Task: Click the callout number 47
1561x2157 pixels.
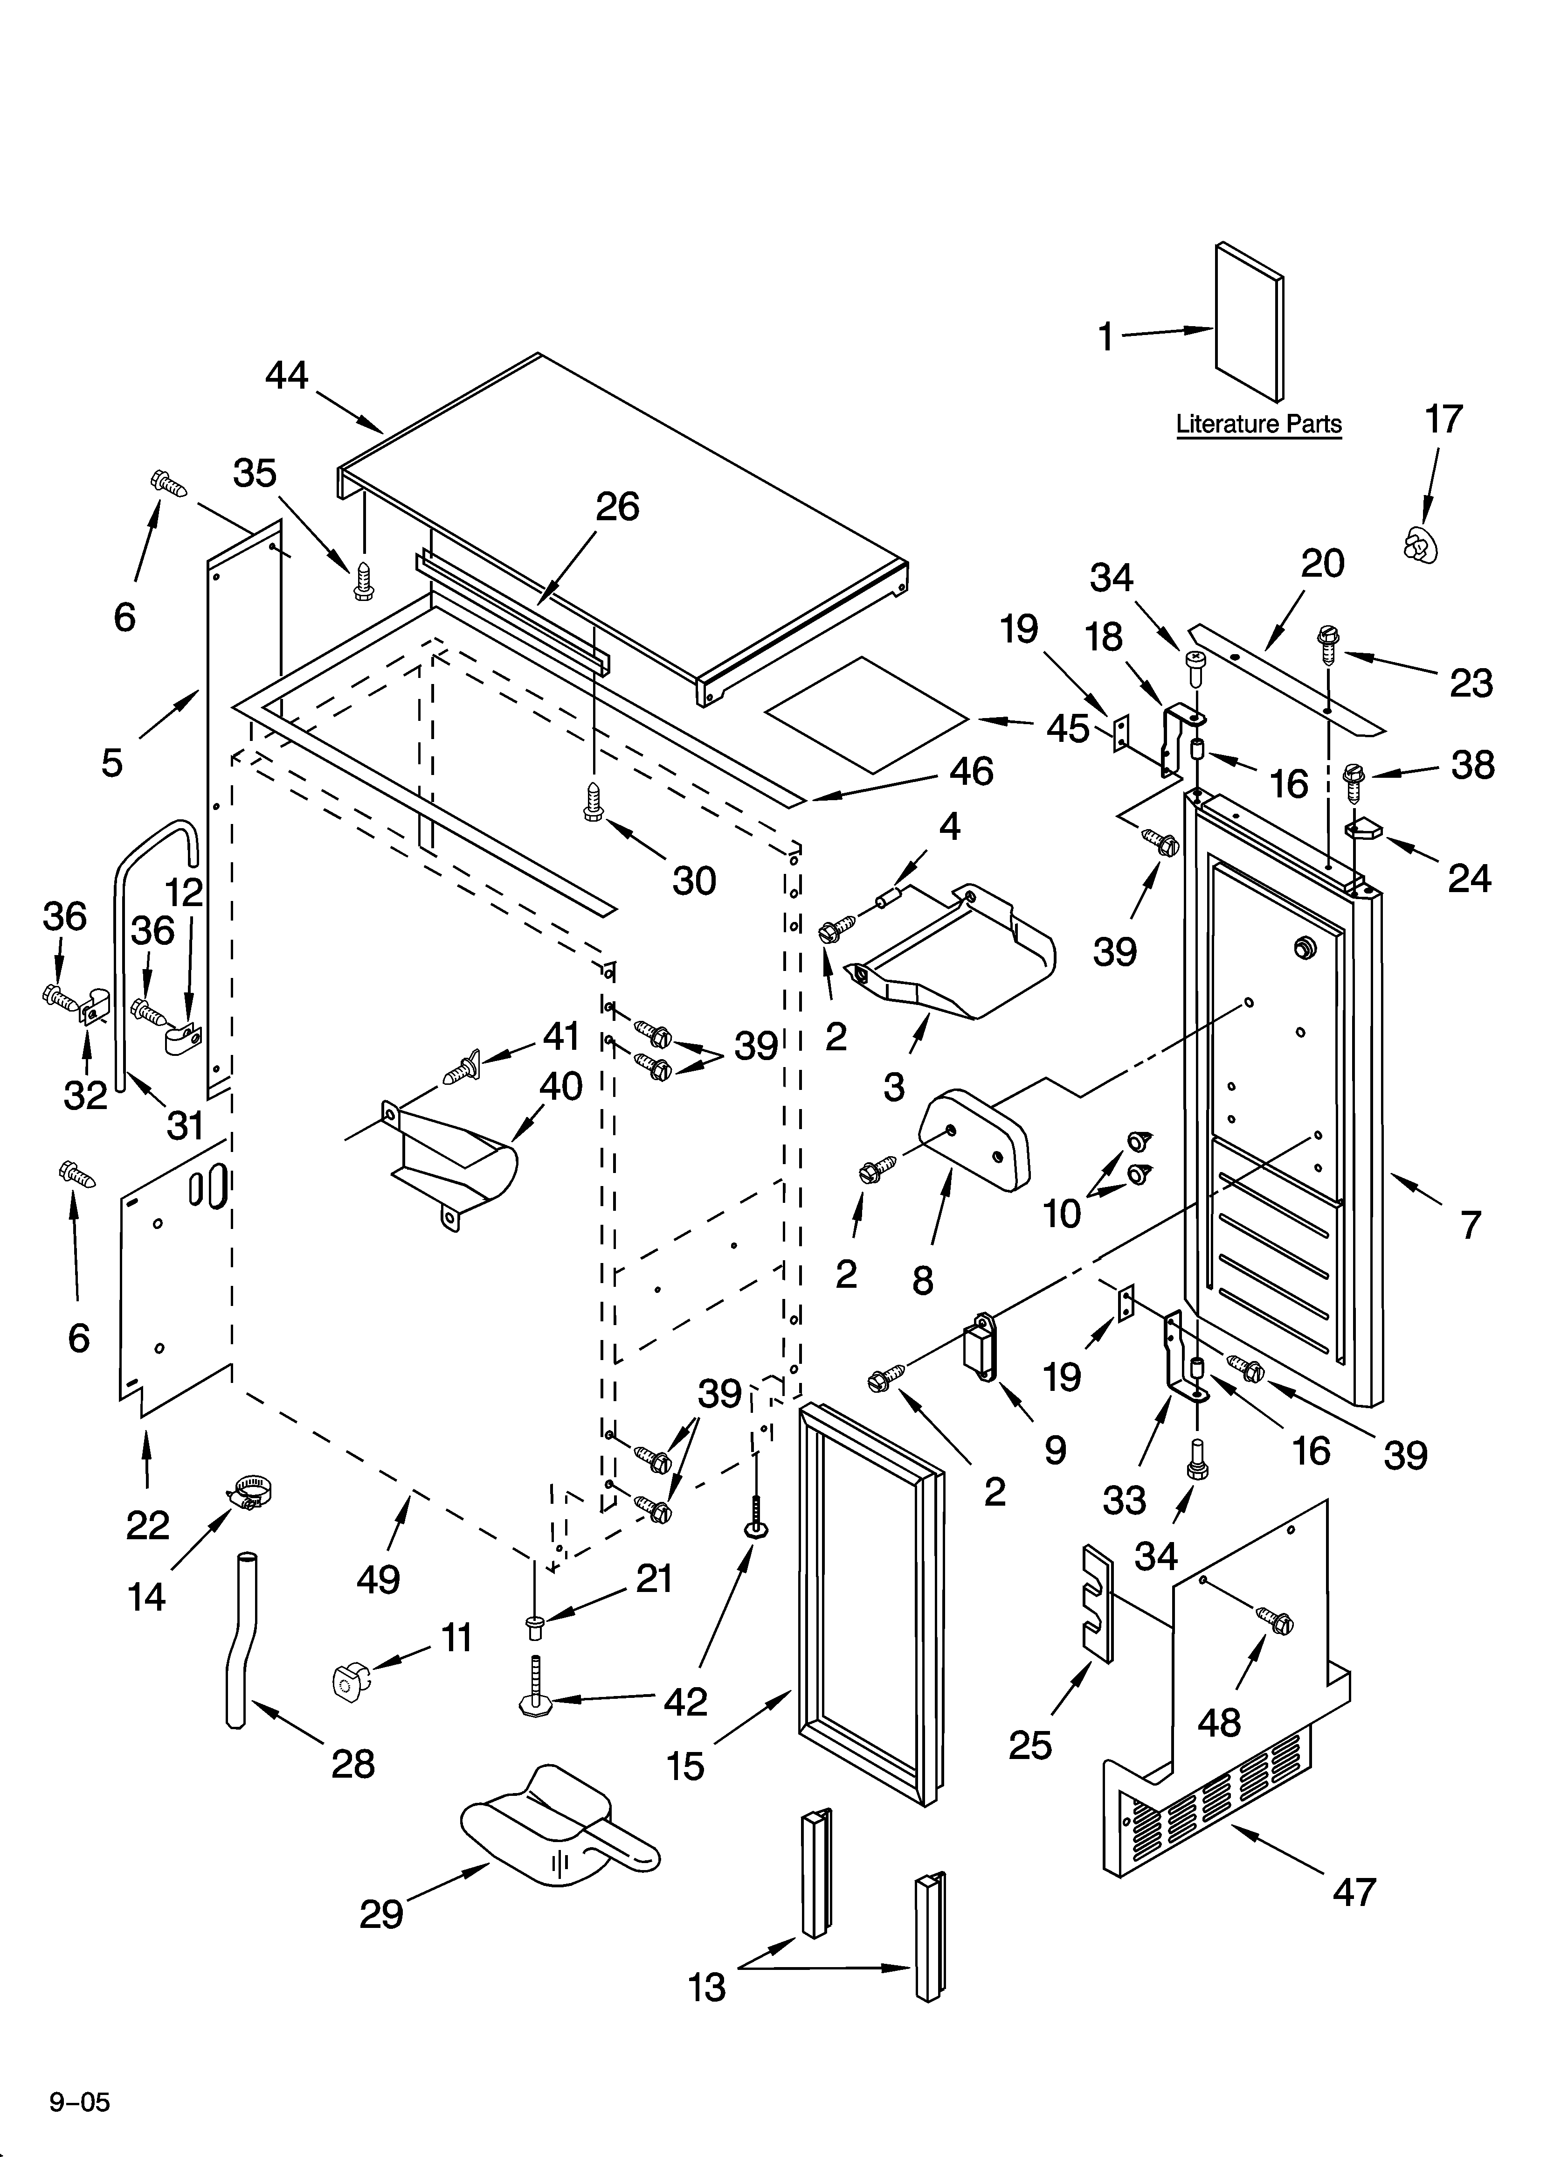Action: pyautogui.click(x=1354, y=1892)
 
